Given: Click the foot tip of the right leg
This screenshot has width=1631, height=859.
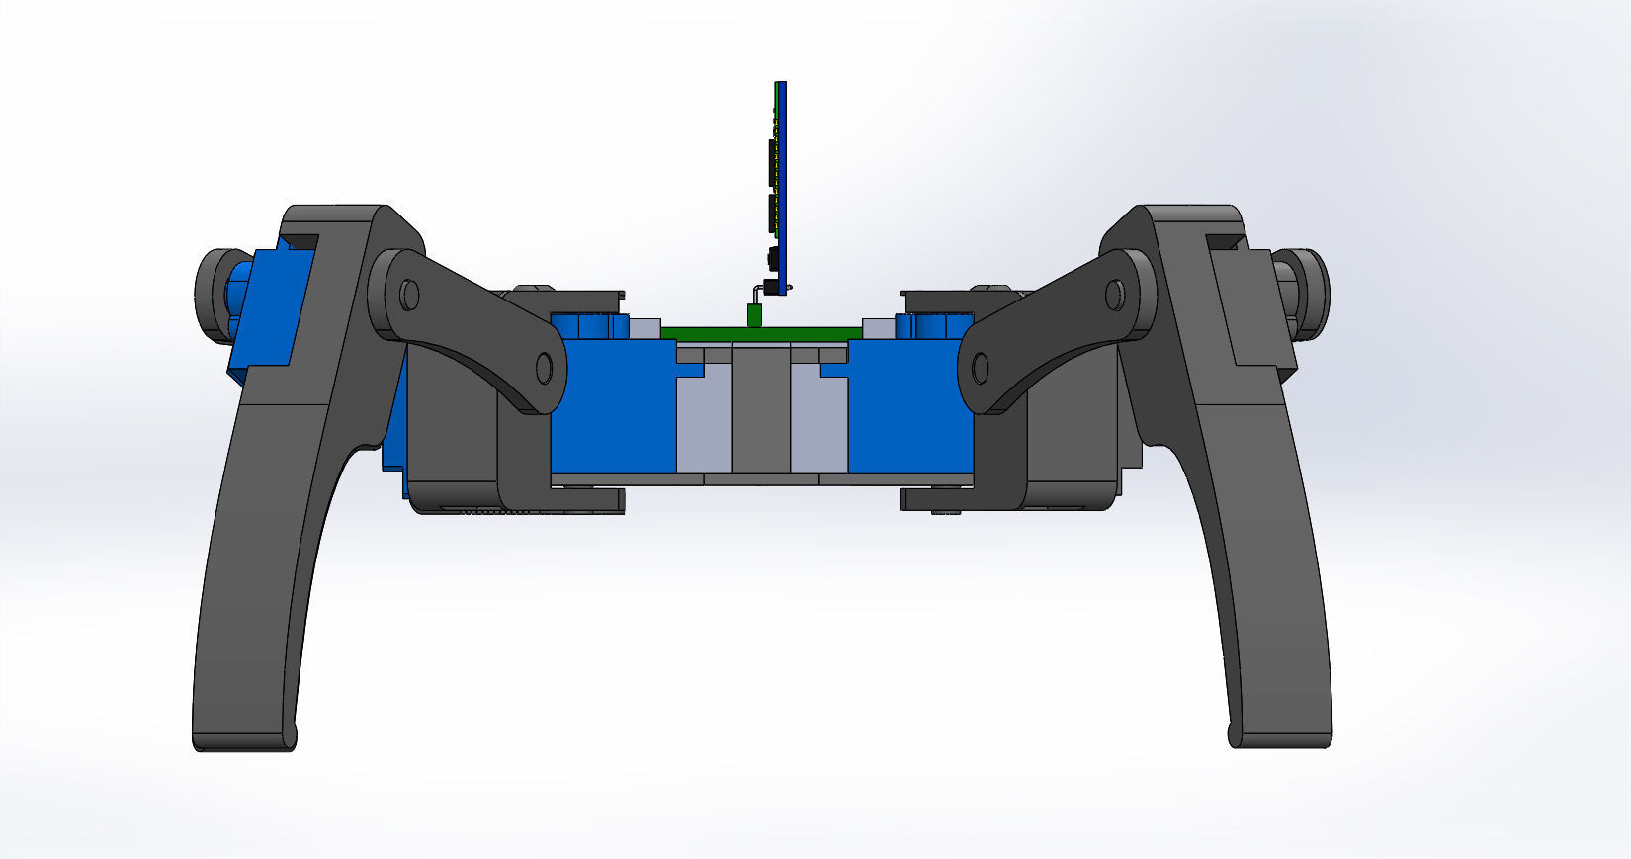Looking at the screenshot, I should point(1281,737).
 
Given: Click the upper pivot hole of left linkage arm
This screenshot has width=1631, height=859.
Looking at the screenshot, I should point(409,295).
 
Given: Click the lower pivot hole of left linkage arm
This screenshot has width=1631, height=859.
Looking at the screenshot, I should point(543,368).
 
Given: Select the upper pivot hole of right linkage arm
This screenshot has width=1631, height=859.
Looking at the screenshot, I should point(1114,294).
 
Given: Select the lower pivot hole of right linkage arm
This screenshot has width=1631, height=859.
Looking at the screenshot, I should point(980,369).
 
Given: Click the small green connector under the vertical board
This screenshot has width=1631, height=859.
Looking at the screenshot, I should point(753,315).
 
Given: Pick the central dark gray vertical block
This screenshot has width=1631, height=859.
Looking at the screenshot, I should point(761,410).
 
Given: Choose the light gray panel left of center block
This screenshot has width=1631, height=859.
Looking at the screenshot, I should point(704,425).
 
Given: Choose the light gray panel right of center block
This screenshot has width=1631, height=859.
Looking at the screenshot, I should point(818,425).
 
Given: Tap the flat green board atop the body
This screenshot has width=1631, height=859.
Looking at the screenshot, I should point(712,333).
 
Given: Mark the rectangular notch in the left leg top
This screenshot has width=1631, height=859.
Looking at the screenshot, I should point(301,240).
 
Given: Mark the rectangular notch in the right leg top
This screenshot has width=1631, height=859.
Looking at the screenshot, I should point(1224,240).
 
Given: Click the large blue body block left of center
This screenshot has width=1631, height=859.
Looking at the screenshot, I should point(613,415).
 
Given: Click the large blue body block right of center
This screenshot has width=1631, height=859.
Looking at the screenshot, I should point(909,415).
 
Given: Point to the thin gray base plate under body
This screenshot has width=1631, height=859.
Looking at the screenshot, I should point(761,479).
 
